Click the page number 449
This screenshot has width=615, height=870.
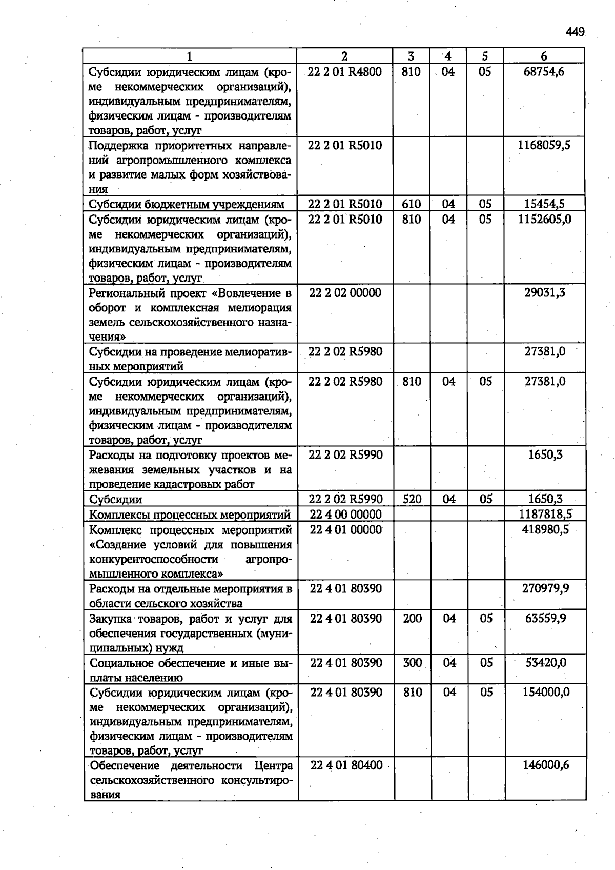coord(576,32)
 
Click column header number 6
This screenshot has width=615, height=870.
coord(544,56)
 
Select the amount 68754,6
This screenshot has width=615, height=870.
coord(544,72)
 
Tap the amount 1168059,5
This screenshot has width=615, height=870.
coord(544,145)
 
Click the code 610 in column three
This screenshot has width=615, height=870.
coord(411,204)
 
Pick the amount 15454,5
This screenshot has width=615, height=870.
coord(544,204)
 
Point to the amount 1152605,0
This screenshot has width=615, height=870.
coord(544,220)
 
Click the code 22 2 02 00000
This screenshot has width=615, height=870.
coord(345,293)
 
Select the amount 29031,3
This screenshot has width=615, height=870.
coord(545,293)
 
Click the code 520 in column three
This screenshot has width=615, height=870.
coord(412,499)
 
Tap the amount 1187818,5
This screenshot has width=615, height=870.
coord(545,515)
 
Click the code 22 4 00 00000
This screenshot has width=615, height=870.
coord(346,515)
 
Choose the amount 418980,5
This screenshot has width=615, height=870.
coord(545,529)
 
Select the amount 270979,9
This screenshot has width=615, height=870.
coord(545,588)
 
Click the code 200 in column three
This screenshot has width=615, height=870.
coord(412,619)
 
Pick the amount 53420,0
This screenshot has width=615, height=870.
coord(546,663)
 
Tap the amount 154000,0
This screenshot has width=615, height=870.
coord(546,693)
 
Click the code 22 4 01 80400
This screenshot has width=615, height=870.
coord(347,765)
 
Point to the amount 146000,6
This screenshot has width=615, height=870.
coord(546,765)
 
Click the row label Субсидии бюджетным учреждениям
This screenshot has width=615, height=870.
coord(187,205)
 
